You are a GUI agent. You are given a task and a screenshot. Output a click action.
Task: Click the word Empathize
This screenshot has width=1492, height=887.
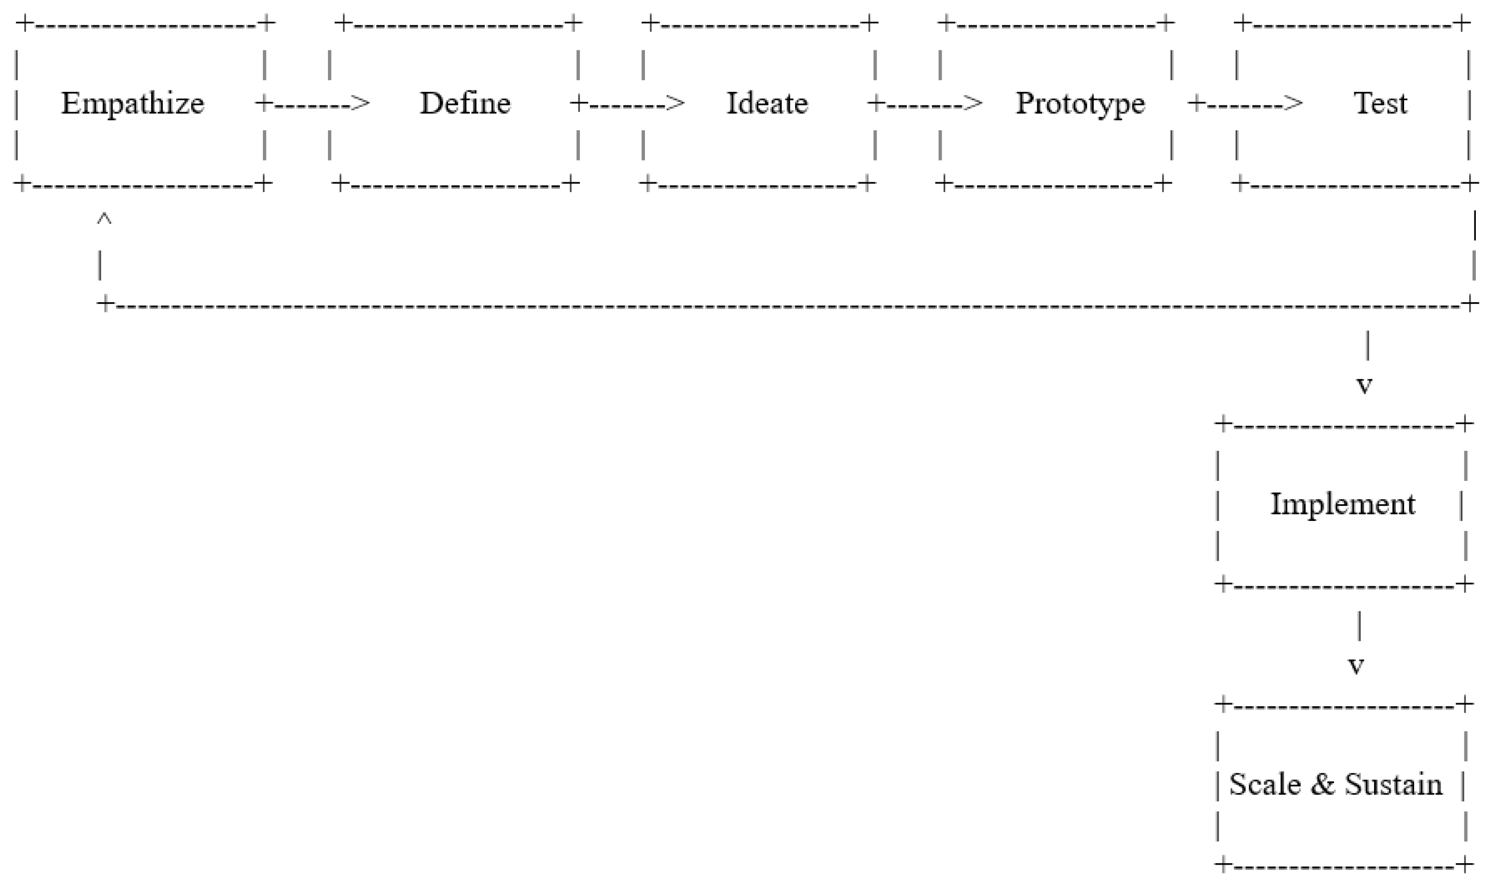[132, 103]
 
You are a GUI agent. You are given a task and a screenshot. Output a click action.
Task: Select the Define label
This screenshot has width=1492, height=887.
[465, 103]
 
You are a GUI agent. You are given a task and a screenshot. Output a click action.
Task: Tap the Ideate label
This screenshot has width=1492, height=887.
[767, 103]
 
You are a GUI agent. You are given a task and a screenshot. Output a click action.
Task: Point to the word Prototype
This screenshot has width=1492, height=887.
[1080, 103]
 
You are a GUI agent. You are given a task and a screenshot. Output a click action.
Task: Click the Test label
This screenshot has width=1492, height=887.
[1380, 103]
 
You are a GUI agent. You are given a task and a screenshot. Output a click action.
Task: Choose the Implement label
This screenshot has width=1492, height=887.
[1342, 504]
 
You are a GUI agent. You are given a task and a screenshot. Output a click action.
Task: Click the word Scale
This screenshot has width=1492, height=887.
[1265, 784]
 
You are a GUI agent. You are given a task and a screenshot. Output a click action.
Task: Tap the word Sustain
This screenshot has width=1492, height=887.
[1393, 784]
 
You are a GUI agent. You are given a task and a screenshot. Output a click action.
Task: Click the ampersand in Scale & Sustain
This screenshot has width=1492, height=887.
[1323, 784]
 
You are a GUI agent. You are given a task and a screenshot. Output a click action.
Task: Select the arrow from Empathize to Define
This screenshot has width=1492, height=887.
[313, 104]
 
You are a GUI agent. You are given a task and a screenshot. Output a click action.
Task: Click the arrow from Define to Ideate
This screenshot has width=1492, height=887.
[627, 104]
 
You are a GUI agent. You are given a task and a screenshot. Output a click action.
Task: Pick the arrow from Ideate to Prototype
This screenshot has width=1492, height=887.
[925, 104]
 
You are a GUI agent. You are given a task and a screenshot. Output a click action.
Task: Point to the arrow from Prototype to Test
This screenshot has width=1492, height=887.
[1245, 104]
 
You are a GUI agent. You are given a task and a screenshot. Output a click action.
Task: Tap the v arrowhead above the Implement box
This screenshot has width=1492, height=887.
[1364, 385]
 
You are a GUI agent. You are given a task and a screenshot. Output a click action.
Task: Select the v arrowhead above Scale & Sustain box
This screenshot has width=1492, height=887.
[1356, 665]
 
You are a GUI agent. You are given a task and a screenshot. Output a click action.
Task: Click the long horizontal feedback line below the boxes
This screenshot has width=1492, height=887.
[777, 304]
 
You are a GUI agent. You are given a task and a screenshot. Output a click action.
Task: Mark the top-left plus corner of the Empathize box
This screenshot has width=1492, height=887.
[25, 24]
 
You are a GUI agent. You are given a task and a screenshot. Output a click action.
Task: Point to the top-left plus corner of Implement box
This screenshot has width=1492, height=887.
[1223, 424]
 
